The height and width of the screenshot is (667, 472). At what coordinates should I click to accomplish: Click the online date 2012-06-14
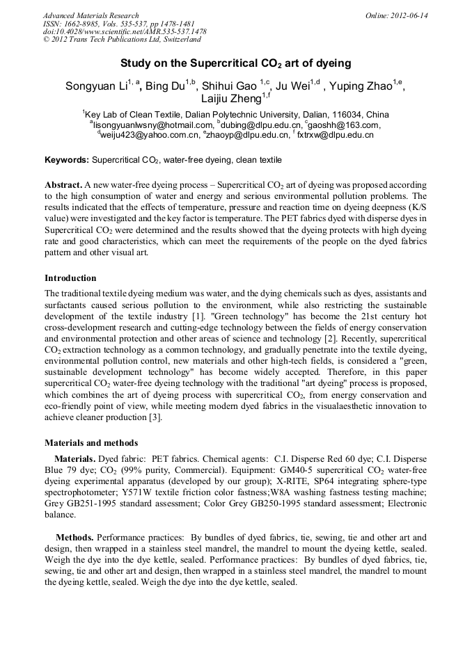[x=409, y=15]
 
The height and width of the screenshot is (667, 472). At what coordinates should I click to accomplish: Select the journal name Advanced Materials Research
[x=91, y=15]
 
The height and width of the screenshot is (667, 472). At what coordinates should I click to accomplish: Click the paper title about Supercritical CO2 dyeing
[x=235, y=63]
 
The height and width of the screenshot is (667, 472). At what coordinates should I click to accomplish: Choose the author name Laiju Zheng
[x=230, y=101]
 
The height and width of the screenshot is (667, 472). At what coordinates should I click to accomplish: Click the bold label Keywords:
[x=67, y=160]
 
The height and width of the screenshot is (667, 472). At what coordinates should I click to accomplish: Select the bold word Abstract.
[x=63, y=186]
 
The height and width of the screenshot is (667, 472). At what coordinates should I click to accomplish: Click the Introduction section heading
[x=70, y=278]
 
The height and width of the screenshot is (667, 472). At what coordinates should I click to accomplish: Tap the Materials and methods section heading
[x=91, y=442]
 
